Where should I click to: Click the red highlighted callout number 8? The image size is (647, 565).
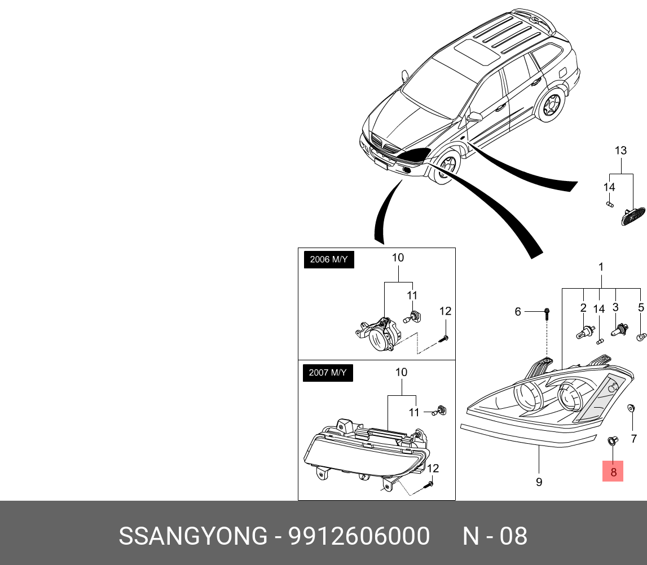tap(613, 470)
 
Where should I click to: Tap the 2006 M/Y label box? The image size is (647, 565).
tap(329, 260)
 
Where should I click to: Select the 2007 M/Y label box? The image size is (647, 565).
tap(328, 373)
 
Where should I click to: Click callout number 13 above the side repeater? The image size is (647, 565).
tap(620, 151)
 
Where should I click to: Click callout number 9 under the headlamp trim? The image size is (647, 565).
tap(539, 482)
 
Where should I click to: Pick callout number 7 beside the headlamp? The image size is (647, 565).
tap(633, 438)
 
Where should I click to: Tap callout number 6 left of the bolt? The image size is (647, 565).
tap(517, 311)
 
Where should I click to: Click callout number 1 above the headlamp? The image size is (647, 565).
tap(601, 266)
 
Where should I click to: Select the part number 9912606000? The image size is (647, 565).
tap(359, 536)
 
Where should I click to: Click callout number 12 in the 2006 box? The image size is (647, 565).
tap(445, 311)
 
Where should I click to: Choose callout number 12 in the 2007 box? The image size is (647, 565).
tap(432, 468)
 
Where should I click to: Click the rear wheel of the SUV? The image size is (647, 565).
tap(551, 105)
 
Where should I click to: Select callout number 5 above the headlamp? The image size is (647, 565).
tap(641, 307)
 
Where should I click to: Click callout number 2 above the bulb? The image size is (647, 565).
tap(583, 307)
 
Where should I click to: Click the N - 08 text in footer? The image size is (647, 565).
tap(495, 536)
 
